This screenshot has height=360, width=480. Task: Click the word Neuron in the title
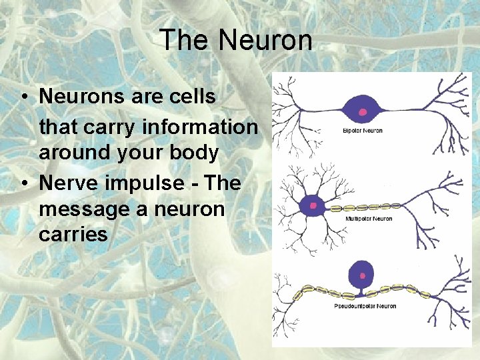[265, 40]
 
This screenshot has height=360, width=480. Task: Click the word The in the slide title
[184, 40]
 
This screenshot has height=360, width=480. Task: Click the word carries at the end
[73, 235]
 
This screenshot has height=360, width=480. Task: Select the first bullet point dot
[23, 97]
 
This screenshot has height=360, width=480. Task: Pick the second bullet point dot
[23, 183]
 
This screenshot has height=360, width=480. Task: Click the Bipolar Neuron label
[358, 131]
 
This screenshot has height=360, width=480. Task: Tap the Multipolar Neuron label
[368, 219]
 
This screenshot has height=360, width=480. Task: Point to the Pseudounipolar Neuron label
[365, 306]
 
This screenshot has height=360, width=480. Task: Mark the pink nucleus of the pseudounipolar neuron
[363, 275]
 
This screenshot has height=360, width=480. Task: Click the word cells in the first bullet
[193, 97]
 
